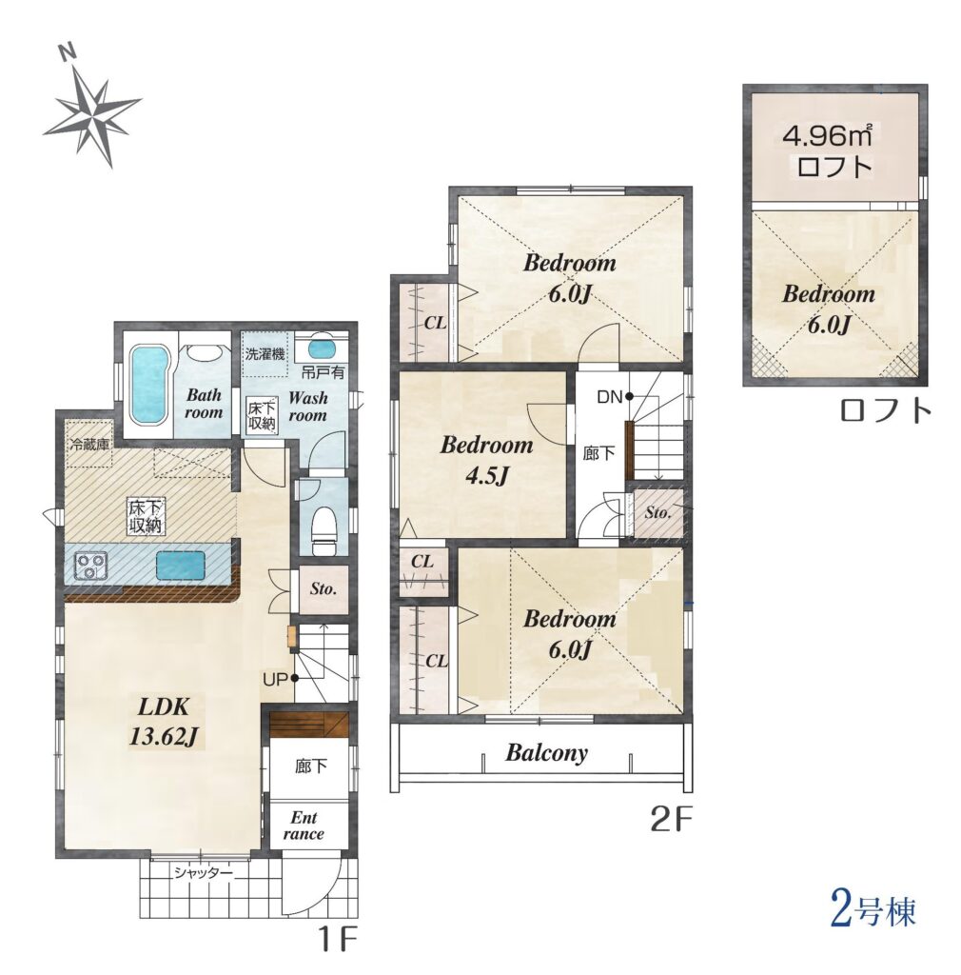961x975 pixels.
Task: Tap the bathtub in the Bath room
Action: (149, 385)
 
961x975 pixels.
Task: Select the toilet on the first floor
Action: (324, 529)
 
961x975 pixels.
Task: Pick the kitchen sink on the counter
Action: (182, 567)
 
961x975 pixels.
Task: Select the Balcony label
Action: (546, 753)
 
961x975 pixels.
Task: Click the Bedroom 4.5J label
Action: (486, 461)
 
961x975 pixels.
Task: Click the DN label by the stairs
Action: (609, 397)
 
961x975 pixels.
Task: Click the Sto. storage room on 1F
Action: (323, 589)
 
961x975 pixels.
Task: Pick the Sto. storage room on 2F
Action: (657, 513)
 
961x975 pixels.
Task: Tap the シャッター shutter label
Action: (203, 873)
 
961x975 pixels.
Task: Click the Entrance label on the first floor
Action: (304, 826)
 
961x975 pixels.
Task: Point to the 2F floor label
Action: (671, 822)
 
